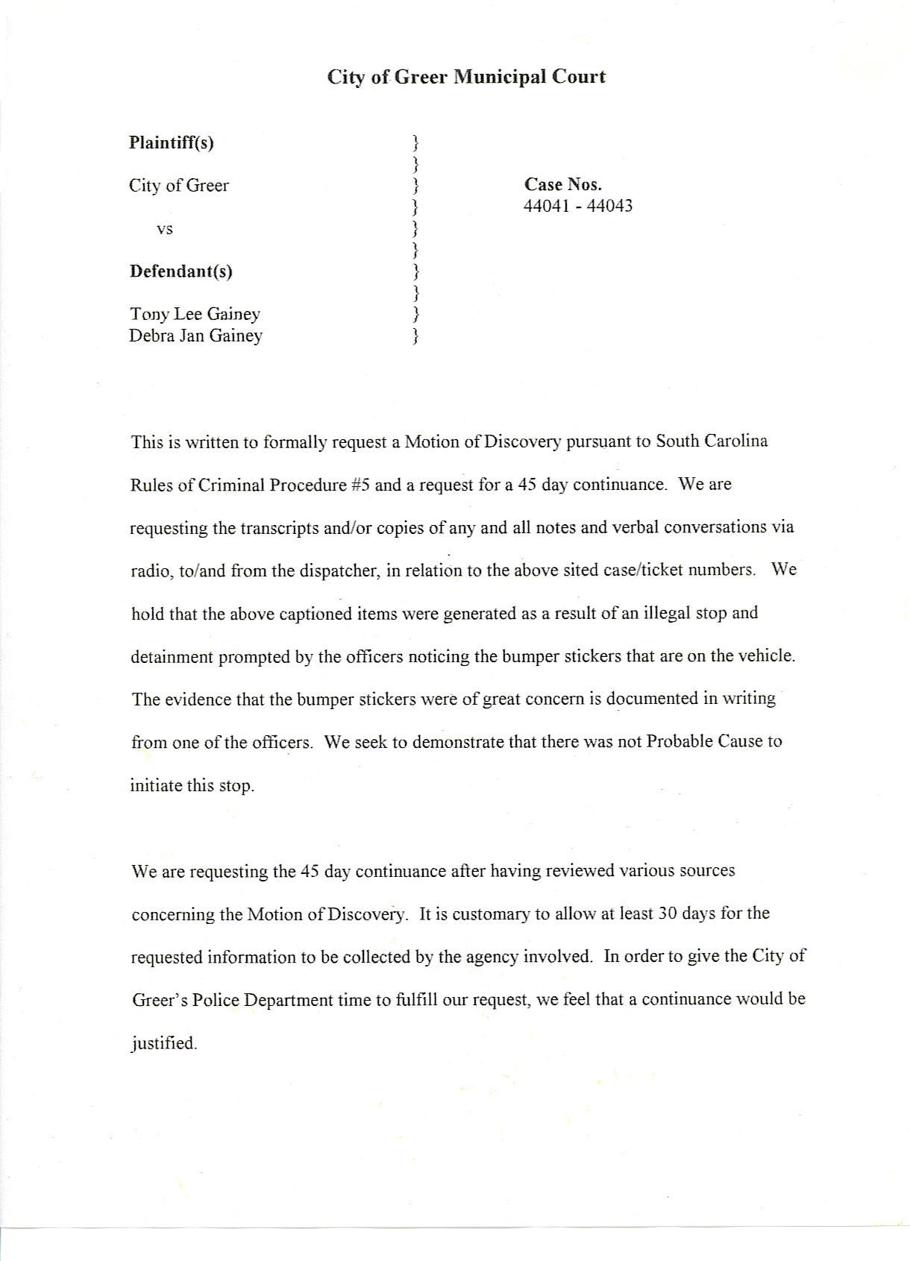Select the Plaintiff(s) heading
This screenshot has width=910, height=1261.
172,142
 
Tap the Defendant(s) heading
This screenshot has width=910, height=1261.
181,271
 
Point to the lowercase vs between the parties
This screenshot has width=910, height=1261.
165,229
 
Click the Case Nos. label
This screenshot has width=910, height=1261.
562,184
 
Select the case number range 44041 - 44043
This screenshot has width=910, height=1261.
577,206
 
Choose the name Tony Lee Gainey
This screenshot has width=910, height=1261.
195,314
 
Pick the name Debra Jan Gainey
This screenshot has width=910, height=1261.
195,336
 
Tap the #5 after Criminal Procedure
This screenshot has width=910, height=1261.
360,484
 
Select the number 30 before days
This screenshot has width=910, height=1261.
667,913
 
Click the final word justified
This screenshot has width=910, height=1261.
163,1043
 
